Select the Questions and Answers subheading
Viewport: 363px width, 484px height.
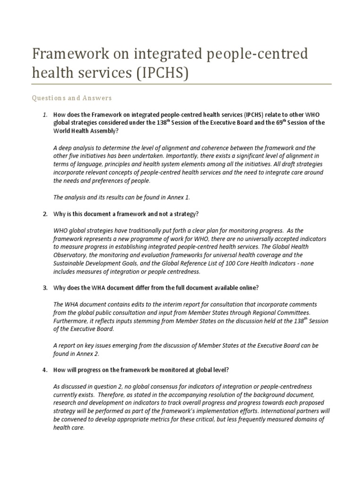pos(71,98)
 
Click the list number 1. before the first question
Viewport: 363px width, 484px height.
pos(45,115)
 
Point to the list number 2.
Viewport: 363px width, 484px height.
pos(45,214)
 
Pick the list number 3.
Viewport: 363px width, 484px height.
pos(45,288)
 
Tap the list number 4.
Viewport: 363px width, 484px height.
pos(45,370)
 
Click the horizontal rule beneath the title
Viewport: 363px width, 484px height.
pos(181,85)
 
